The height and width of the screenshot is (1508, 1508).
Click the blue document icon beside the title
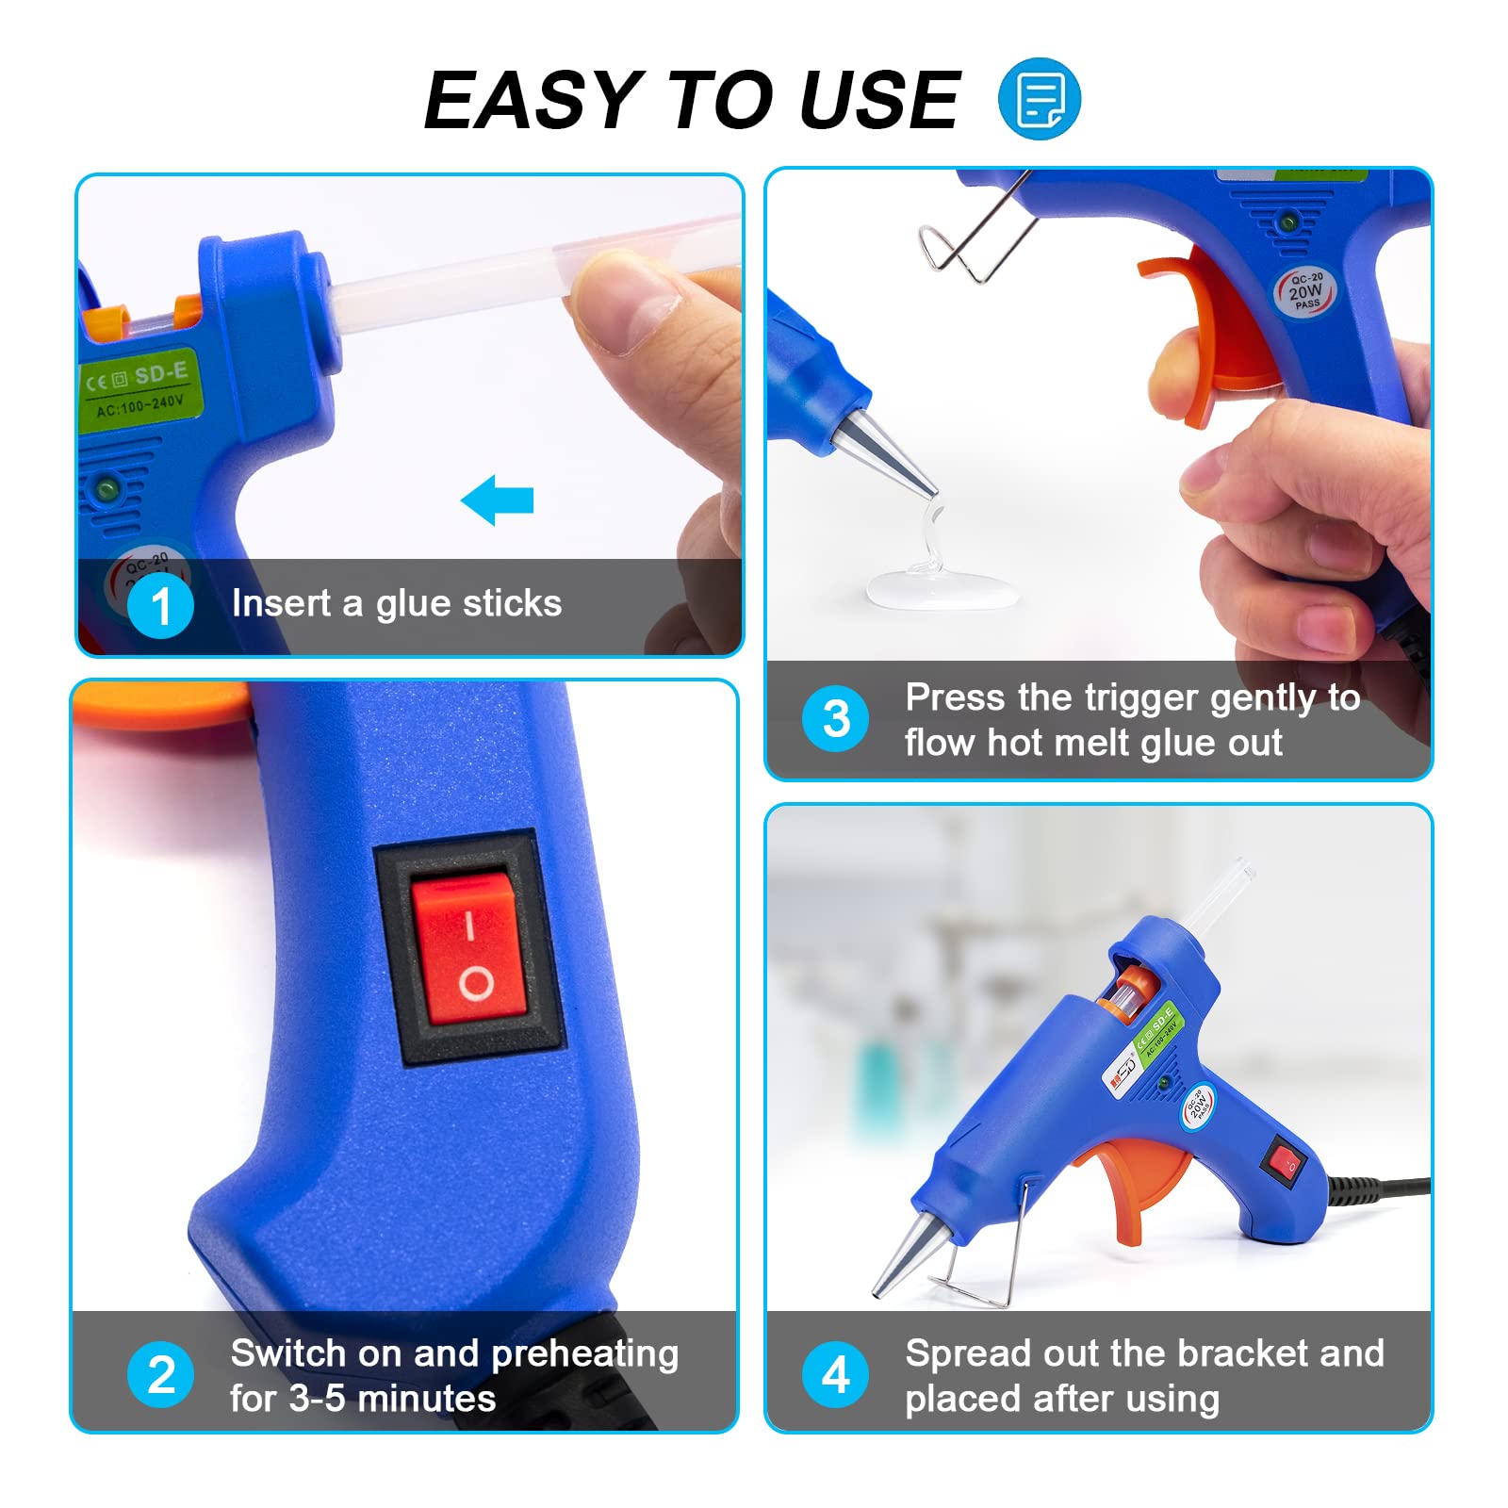coord(1039,99)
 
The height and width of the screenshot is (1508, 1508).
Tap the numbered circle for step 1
coord(161,605)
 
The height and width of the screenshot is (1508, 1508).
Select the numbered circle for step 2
coord(161,1374)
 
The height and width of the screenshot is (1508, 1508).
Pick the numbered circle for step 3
coord(835,718)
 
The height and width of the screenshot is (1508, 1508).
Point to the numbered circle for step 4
coord(835,1374)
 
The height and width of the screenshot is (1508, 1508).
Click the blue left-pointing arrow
coord(498,500)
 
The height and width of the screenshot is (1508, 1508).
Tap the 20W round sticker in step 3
coord(1305,291)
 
